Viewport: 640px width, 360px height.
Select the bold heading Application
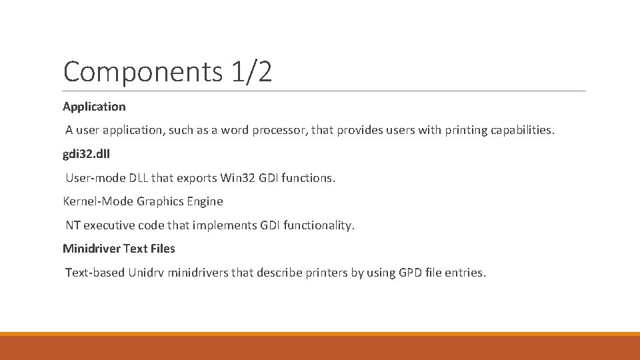coord(94,106)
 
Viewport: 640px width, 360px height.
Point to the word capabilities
coord(513,130)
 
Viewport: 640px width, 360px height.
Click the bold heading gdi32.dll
coord(87,154)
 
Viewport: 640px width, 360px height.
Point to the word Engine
coord(205,201)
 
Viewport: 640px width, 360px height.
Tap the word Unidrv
coord(147,273)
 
